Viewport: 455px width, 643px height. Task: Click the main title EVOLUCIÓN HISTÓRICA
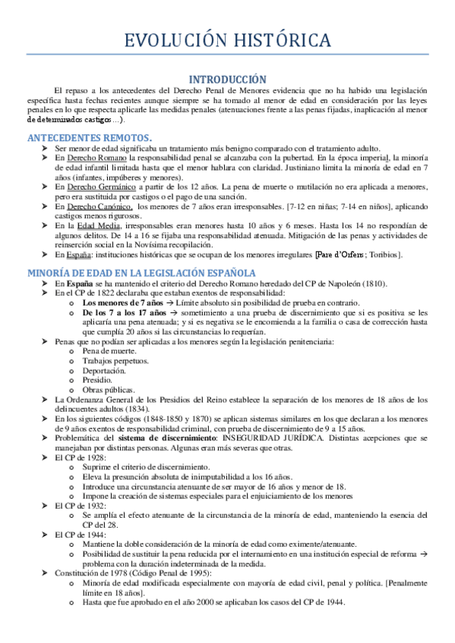point(227,39)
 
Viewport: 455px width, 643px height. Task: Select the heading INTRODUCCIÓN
point(227,79)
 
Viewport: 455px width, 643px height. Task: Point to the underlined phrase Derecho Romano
point(96,159)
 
